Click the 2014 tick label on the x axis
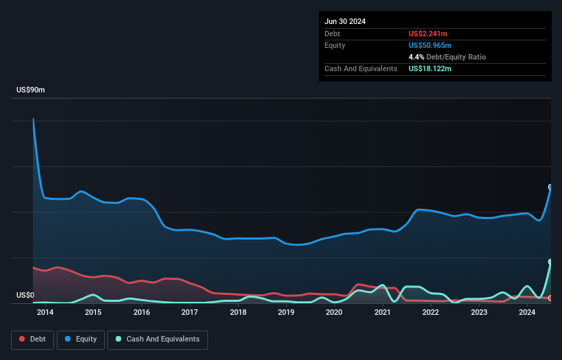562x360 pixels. [45, 313]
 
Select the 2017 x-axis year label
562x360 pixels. [190, 313]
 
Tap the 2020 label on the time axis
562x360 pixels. [334, 313]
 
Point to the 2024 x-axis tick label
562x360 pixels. [527, 313]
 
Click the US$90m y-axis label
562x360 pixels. [30, 90]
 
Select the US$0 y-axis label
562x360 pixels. [26, 295]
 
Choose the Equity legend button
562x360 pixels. [80, 339]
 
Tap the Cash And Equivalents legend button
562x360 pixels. [157, 339]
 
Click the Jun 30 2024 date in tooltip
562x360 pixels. [345, 21]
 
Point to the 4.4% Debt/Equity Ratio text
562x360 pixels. [447, 57]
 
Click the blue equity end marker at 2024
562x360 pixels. [550, 187]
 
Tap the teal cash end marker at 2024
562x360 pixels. [550, 262]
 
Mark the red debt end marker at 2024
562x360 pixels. [550, 298]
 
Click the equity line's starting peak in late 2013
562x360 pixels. [33, 118]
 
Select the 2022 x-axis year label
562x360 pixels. [431, 313]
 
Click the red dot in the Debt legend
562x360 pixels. [22, 339]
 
